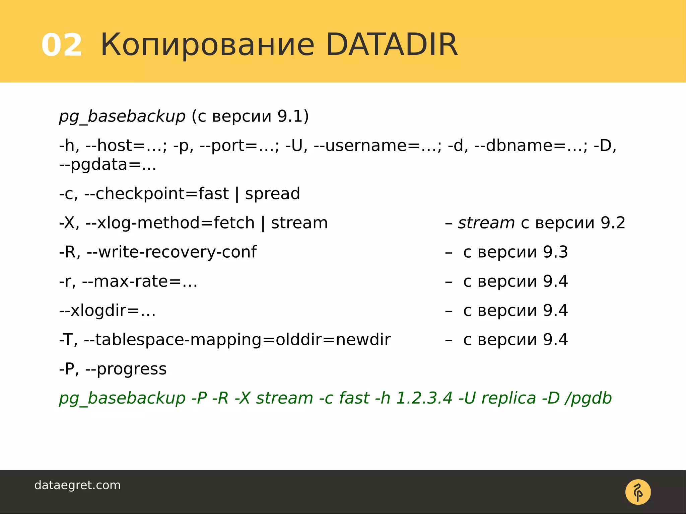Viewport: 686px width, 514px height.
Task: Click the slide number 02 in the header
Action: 62,45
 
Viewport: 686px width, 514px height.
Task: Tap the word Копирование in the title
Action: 207,45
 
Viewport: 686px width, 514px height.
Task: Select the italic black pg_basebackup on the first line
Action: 122,116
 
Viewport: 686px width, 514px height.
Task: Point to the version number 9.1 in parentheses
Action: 290,116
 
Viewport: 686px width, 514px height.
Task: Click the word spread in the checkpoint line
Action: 272,194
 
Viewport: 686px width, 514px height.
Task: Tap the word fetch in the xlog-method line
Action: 234,223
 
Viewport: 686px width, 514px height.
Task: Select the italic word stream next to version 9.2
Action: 486,223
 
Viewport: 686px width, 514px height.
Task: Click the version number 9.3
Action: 555,252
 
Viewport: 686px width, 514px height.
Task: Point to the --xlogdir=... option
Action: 108,311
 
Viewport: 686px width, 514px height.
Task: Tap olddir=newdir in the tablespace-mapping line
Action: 333,340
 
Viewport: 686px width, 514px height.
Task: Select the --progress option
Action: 126,369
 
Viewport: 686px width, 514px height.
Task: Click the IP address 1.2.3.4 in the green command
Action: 424,398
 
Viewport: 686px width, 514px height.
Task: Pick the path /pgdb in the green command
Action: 588,398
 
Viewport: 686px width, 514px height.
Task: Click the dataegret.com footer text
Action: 77,485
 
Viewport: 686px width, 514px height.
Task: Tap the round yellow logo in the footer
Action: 638,492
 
